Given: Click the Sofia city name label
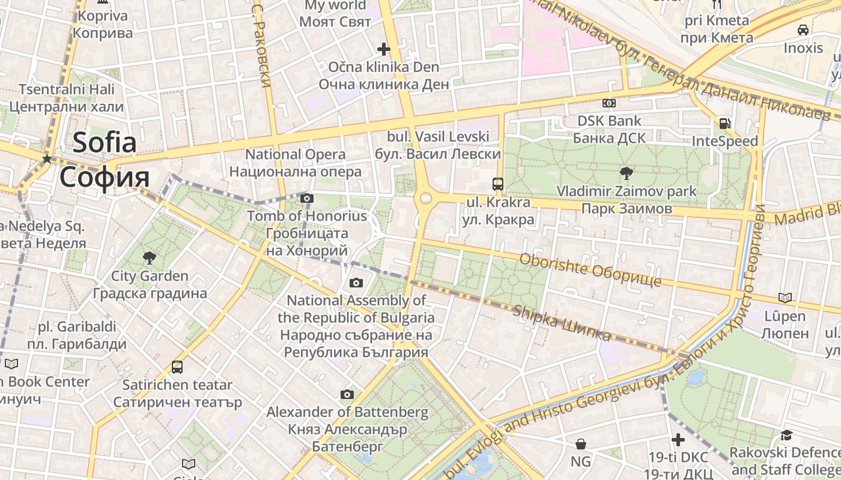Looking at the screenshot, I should click(105, 160).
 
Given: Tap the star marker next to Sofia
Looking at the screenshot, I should click(47, 159).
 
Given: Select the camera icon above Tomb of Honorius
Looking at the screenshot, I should click(307, 198).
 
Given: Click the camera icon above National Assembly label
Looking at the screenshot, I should click(356, 283).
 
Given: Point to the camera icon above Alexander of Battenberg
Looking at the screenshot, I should click(347, 394).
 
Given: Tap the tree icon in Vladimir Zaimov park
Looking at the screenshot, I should click(626, 173).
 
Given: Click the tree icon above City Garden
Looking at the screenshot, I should click(149, 258).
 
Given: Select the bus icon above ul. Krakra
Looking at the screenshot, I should click(497, 184).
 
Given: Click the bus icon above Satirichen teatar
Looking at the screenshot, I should click(177, 367).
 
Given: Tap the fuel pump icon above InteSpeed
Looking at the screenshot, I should click(725, 124).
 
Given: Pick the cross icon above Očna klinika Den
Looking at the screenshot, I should click(384, 49).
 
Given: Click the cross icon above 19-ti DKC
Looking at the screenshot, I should click(678, 440).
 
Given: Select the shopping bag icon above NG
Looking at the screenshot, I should click(581, 444).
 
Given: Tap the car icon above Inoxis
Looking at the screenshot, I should click(803, 30).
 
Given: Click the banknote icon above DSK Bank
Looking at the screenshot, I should click(609, 103).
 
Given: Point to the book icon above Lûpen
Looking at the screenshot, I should click(785, 298).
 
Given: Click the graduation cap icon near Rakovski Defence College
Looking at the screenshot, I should click(786, 435).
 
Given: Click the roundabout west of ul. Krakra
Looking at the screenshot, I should click(426, 198).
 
